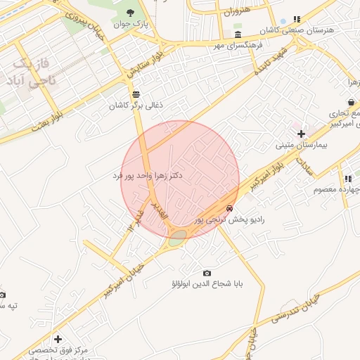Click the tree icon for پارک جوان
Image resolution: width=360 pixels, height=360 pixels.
point(131,12)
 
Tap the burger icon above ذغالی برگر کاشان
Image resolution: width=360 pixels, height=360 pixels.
point(135,94)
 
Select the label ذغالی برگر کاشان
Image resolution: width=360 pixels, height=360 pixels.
point(135,105)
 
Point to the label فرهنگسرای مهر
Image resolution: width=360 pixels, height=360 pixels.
point(238,45)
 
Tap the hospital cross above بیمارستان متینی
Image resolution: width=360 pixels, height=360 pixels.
point(301,134)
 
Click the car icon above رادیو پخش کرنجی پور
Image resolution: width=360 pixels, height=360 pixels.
point(230,208)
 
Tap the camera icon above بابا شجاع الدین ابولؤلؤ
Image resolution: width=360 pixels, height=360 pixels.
point(207,273)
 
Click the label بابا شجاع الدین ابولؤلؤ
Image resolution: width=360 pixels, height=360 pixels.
point(207,285)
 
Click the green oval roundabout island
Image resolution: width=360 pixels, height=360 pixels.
point(177,238)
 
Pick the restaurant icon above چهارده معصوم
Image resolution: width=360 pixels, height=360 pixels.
point(347,179)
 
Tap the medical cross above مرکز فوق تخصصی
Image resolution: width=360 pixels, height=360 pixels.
point(58,339)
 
